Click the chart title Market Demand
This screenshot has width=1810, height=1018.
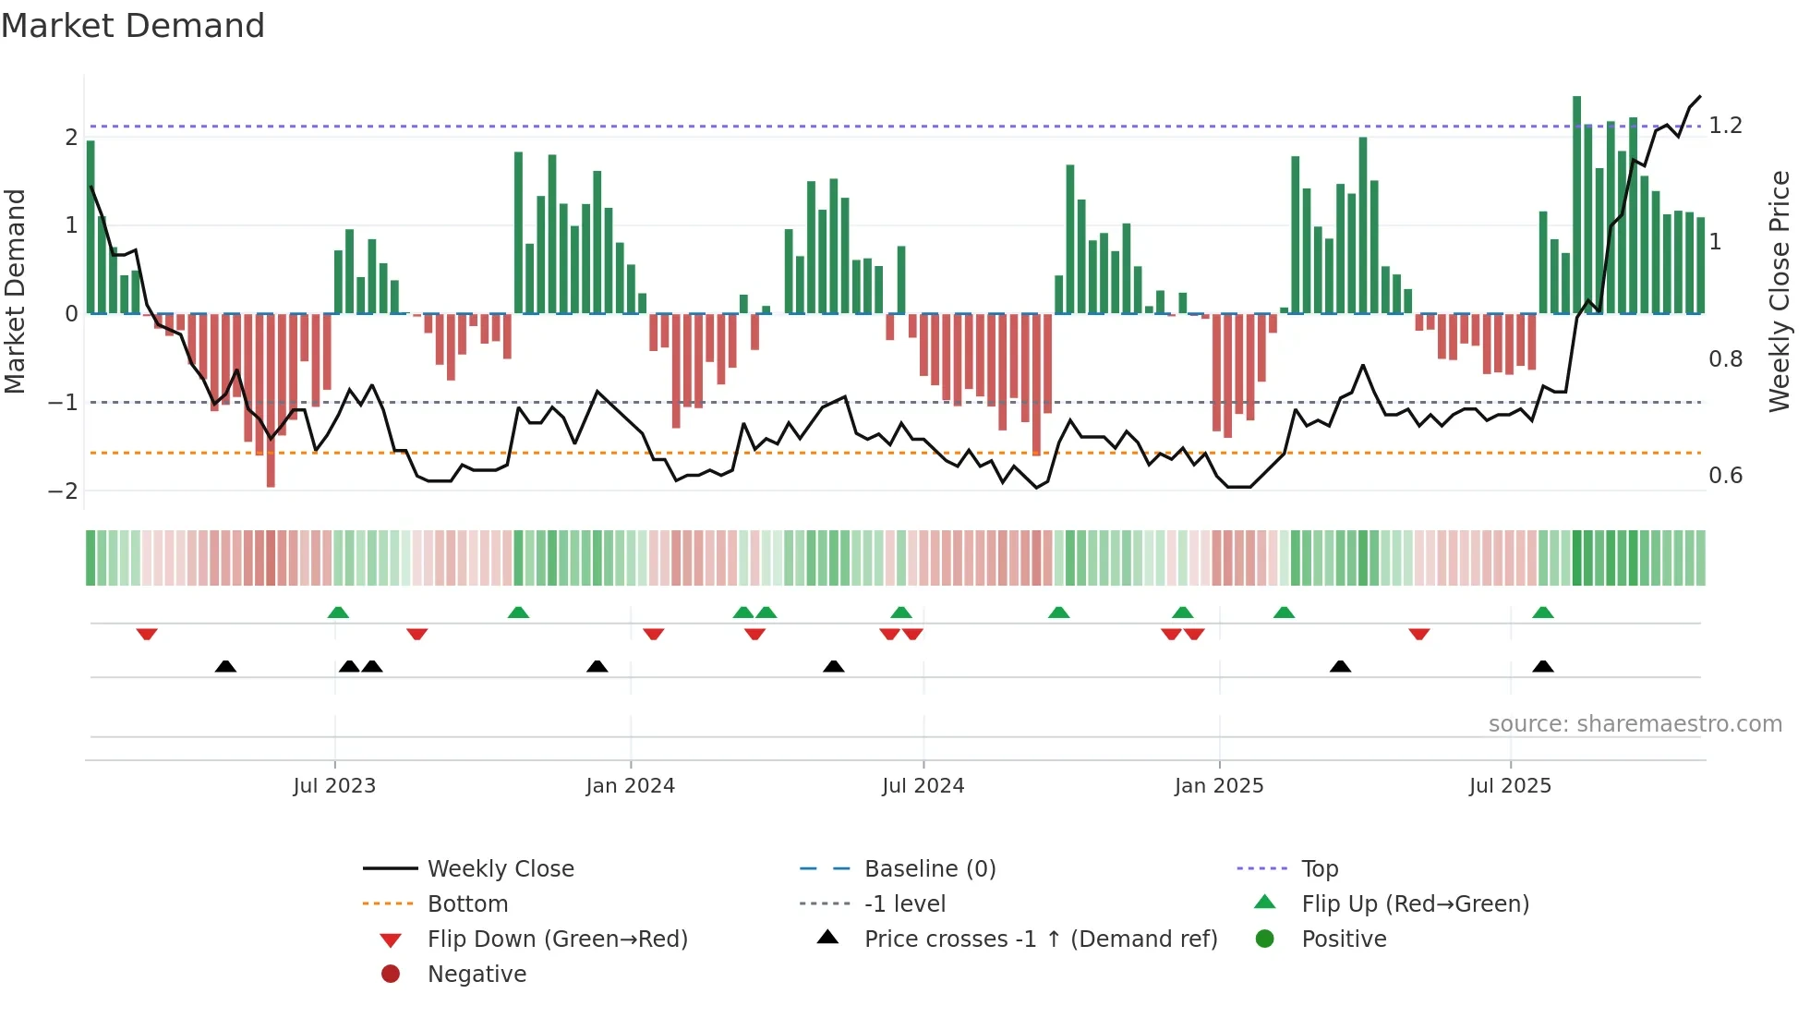pyautogui.click(x=133, y=26)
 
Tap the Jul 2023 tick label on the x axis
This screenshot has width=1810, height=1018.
pyautogui.click(x=334, y=786)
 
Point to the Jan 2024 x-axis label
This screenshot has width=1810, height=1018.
pyautogui.click(x=630, y=786)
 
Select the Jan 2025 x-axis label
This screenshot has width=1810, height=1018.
pyautogui.click(x=1218, y=786)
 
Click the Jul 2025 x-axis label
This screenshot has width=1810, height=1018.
pyautogui.click(x=1510, y=786)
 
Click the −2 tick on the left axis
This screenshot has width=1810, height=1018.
pyautogui.click(x=63, y=491)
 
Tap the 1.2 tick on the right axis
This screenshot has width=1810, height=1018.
pyautogui.click(x=1725, y=126)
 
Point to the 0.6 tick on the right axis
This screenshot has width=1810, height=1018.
pyautogui.click(x=1725, y=476)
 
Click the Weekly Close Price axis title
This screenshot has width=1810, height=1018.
pyautogui.click(x=1780, y=291)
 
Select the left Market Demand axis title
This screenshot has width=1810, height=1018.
pyautogui.click(x=16, y=291)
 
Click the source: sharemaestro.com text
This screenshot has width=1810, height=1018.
pyautogui.click(x=1635, y=724)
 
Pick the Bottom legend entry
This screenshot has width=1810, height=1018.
pyautogui.click(x=467, y=904)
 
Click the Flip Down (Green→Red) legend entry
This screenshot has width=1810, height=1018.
pyautogui.click(x=557, y=939)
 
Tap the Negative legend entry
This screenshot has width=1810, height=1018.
pyautogui.click(x=477, y=975)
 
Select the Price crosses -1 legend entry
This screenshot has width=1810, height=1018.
pyautogui.click(x=1040, y=939)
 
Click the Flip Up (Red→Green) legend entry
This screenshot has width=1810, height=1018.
pyautogui.click(x=1415, y=904)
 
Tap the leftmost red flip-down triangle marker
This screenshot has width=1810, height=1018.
pyautogui.click(x=147, y=634)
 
